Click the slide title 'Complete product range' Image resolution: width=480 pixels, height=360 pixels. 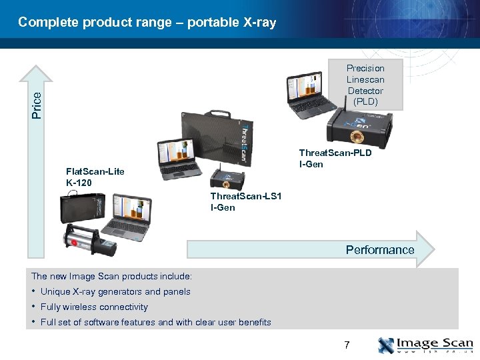(147, 23)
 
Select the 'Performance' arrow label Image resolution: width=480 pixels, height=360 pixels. (379, 250)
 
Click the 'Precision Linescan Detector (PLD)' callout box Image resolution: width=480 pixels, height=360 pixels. (365, 85)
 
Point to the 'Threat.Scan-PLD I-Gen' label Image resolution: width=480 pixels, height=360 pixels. (335, 159)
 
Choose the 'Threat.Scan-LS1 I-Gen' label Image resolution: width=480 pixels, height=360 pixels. (246, 201)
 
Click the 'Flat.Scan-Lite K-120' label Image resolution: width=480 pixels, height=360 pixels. (95, 177)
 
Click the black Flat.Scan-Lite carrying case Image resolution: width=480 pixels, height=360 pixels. (84, 210)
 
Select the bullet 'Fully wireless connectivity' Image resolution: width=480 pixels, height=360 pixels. (94, 307)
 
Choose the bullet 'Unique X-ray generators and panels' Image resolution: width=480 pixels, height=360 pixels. (115, 292)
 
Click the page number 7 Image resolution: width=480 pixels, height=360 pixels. (347, 345)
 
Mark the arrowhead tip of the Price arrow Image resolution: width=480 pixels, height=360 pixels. (39, 65)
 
